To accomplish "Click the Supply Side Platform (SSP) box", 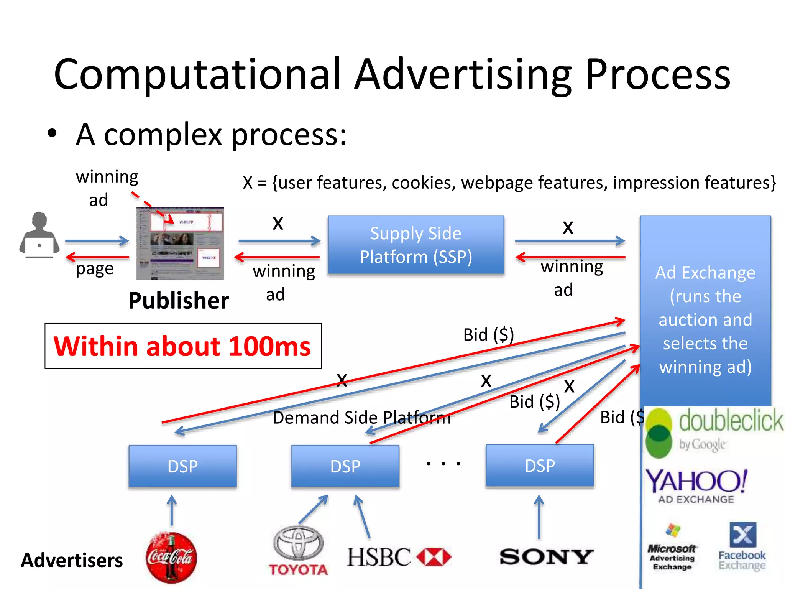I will [416, 245].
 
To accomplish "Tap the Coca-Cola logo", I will [171, 557].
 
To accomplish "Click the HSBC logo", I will [399, 557].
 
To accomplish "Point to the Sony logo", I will [546, 556].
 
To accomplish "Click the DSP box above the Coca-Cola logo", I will [183, 466].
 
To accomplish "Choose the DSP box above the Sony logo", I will [540, 466].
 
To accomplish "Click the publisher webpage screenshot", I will [180, 243].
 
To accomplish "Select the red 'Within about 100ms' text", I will [182, 346].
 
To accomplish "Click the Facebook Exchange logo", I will [742, 546].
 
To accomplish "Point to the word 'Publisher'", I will [179, 300].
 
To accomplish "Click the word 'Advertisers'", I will [72, 560].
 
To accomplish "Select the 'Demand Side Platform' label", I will [361, 417].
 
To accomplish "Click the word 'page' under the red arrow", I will [95, 269].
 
